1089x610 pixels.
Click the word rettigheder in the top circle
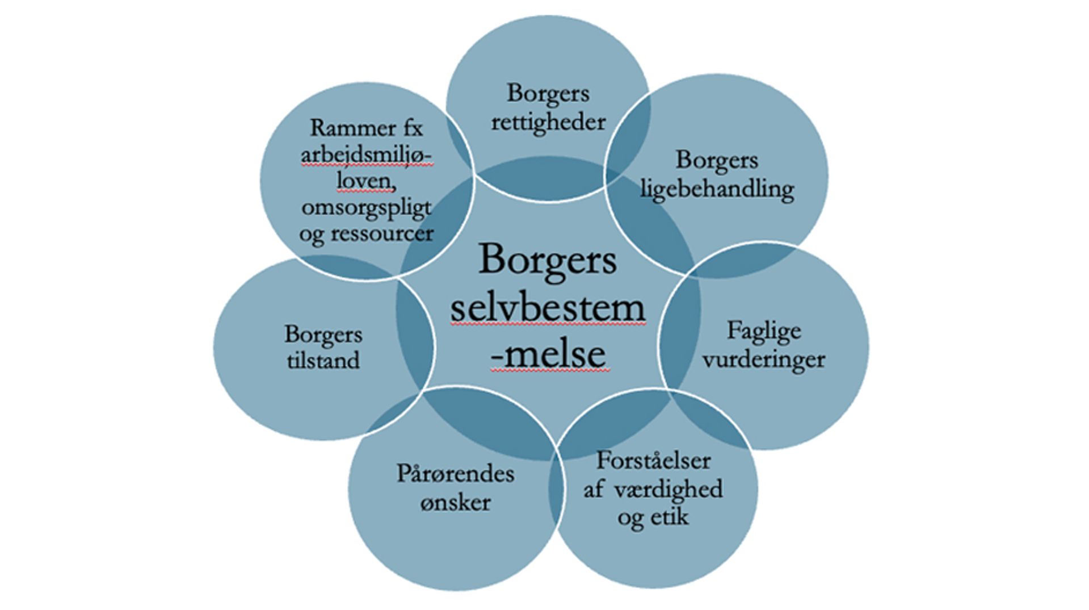tap(548, 122)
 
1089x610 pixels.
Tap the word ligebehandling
tap(717, 190)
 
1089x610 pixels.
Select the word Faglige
tap(764, 331)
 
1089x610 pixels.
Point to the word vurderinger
tap(764, 360)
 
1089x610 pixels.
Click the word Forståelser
tap(653, 460)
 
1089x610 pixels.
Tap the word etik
tap(672, 517)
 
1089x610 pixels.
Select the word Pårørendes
tap(455, 474)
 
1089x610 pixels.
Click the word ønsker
tap(455, 503)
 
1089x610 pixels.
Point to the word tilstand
tap(323, 361)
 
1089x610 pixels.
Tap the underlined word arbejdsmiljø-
tap(366, 154)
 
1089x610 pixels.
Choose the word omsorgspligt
tap(366, 207)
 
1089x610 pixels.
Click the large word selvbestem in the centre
tap(548, 308)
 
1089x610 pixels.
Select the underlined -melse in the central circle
tap(548, 354)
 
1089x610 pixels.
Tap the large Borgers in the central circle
tap(548, 260)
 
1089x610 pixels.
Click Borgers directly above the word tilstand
tap(323, 334)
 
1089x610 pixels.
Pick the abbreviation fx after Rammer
tap(407, 128)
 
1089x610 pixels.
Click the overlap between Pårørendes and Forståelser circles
tap(557, 488)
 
